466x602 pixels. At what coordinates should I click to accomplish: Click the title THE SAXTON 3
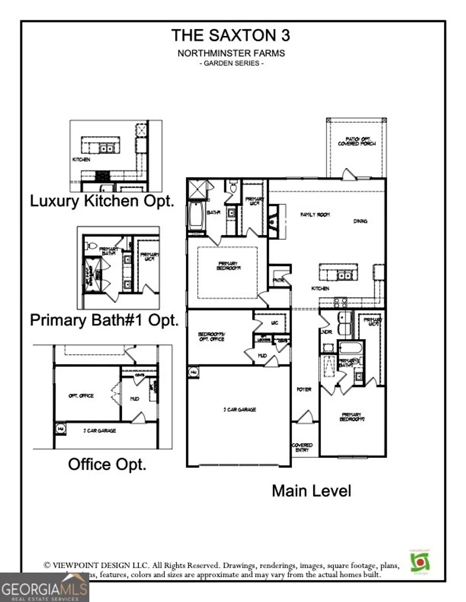point(230,35)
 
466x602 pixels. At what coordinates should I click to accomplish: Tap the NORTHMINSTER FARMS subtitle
point(231,53)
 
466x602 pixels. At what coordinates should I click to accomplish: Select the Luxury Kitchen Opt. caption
point(102,201)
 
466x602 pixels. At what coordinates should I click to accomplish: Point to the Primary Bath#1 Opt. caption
point(104,320)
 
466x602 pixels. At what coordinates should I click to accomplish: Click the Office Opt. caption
point(107,464)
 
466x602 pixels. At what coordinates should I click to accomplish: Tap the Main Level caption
point(311,491)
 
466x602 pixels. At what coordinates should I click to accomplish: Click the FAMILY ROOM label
point(315,215)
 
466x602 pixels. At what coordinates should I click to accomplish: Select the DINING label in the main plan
point(360,221)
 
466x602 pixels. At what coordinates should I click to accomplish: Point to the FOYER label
point(304,389)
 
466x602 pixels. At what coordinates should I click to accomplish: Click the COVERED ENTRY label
point(302,447)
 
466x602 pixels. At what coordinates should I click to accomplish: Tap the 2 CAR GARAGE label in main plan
point(240,409)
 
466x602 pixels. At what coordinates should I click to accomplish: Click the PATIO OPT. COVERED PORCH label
point(357,141)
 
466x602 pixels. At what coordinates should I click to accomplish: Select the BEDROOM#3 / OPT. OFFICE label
point(211,336)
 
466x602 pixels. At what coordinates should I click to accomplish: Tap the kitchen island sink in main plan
point(344,276)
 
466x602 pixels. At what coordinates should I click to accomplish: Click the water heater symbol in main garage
point(193,372)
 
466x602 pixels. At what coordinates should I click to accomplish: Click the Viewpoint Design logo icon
point(420,561)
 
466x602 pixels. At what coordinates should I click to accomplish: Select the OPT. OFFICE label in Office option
point(81,396)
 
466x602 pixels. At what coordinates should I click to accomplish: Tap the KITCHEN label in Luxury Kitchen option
point(81,159)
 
